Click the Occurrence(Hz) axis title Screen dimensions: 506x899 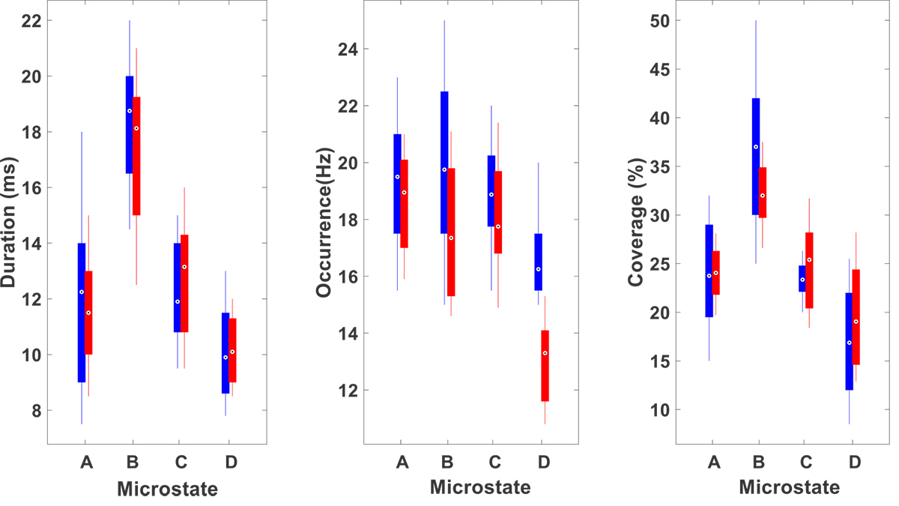coord(324,224)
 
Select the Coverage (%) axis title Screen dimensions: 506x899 coord(636,224)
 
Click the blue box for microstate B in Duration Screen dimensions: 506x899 coord(130,124)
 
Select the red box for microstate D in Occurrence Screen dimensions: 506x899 coord(545,366)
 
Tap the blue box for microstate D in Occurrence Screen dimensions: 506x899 coord(538,262)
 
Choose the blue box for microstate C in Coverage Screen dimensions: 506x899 coord(802,278)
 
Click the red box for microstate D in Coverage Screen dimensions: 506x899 coord(856,317)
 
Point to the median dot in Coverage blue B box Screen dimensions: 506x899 coord(756,147)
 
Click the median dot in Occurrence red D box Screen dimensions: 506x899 coord(545,353)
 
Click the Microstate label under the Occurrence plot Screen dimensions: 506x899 coord(480,488)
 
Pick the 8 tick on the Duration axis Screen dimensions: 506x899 coord(35,411)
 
